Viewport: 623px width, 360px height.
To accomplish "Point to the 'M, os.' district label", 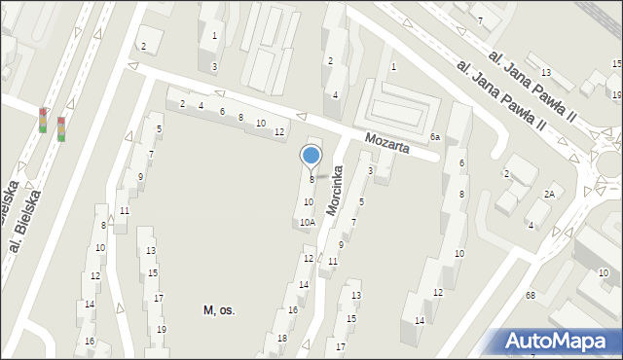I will click(x=219, y=309).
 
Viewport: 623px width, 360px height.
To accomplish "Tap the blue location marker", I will click(x=311, y=157).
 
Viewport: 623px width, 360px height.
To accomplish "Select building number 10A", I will click(x=307, y=223).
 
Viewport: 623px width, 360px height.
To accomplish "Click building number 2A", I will click(x=549, y=195).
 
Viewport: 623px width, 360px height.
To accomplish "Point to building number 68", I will click(x=531, y=295).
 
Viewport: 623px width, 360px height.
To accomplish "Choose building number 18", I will click(x=282, y=338).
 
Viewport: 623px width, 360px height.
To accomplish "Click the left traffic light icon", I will click(x=43, y=119).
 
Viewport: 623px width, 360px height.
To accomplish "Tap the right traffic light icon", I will click(x=61, y=128).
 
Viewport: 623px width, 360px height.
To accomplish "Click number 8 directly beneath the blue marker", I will click(x=311, y=180).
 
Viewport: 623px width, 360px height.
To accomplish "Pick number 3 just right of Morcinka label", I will click(x=371, y=171).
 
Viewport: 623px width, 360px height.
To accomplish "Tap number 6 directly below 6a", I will click(x=461, y=162).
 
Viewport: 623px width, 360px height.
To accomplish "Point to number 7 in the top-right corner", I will click(x=480, y=20).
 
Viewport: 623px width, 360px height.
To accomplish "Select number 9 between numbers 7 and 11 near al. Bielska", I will click(x=141, y=176).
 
